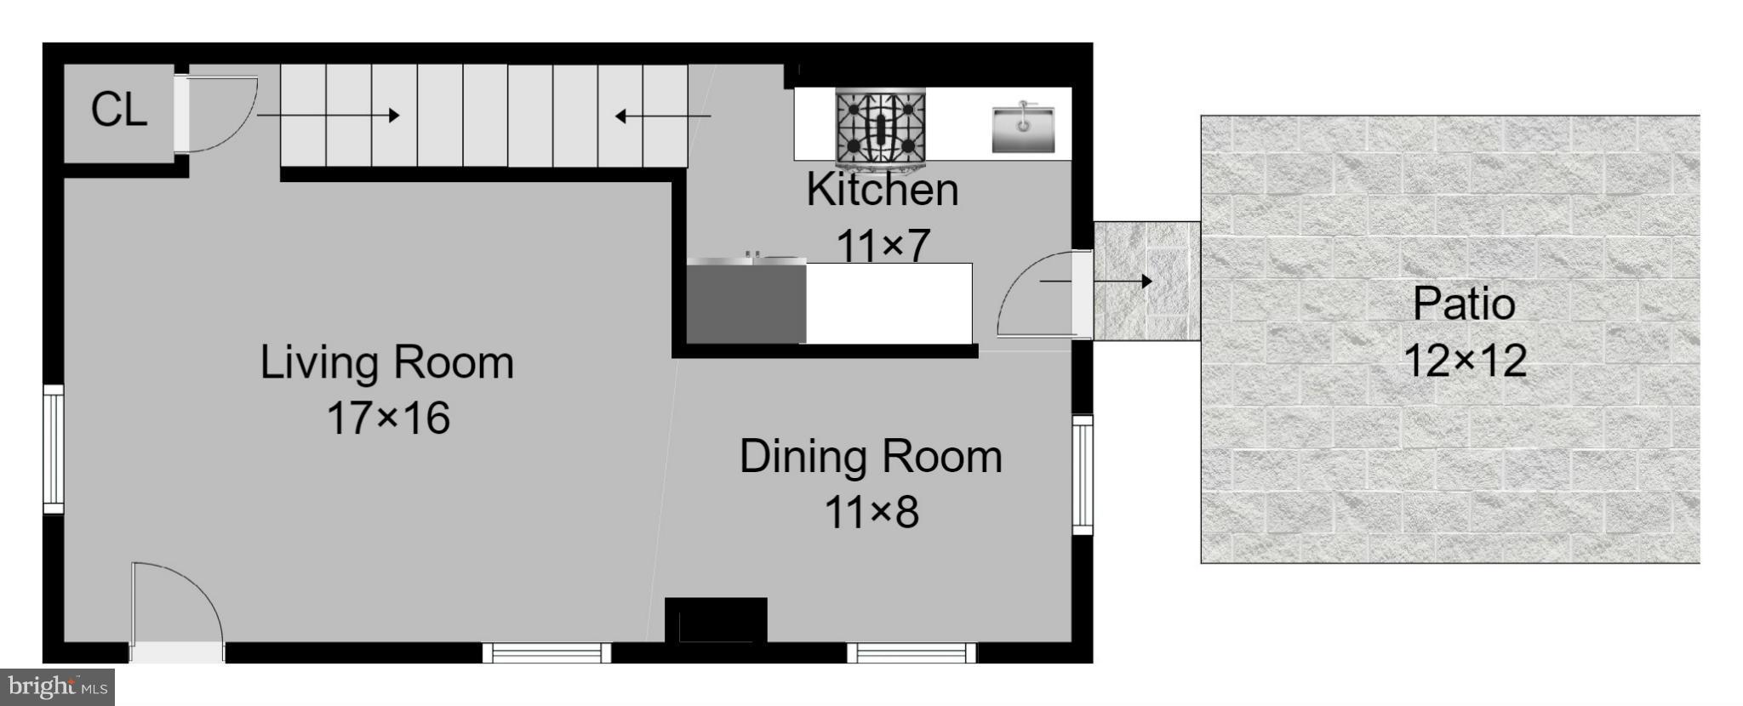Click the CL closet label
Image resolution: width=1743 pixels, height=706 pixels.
[x=119, y=110]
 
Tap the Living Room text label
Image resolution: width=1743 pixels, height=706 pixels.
[x=386, y=362]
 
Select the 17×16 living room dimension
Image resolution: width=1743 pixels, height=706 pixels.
[x=388, y=418]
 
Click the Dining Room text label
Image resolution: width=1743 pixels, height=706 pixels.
[x=870, y=457]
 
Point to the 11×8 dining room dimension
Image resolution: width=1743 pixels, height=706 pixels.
[x=871, y=513]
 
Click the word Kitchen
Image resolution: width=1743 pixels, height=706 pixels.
[x=883, y=190]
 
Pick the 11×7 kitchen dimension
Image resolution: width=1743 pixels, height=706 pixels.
[x=883, y=245]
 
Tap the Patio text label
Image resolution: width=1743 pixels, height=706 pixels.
[x=1464, y=305]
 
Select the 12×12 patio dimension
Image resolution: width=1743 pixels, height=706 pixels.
[x=1464, y=361]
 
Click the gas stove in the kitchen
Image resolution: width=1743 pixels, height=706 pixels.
[x=881, y=128]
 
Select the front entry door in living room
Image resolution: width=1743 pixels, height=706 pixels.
[x=176, y=608]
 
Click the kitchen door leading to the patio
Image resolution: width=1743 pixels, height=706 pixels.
[x=1043, y=293]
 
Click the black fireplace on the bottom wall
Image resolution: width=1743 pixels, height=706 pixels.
[x=716, y=620]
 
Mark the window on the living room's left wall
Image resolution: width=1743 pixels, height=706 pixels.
[x=53, y=448]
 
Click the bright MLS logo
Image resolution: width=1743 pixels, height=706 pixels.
[x=57, y=686]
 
